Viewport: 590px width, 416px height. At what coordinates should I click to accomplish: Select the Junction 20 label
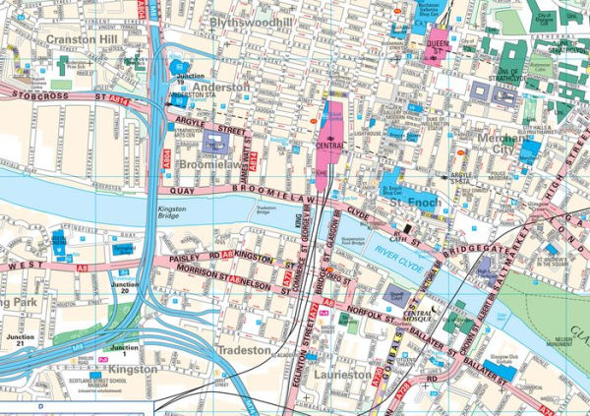click(x=125, y=288)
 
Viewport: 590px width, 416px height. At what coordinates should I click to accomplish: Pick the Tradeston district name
click(x=237, y=350)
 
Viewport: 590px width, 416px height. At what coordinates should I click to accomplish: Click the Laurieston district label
click(x=338, y=375)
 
